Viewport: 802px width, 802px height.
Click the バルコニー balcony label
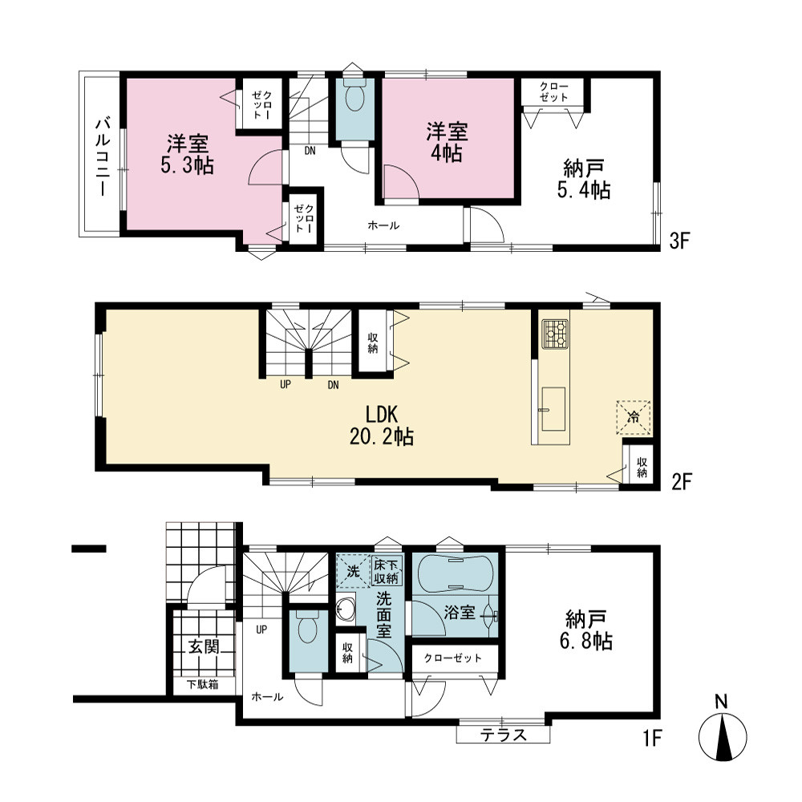pyautogui.click(x=103, y=156)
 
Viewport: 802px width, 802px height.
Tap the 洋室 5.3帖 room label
pyautogui.click(x=187, y=155)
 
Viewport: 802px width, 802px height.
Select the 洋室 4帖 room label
pyautogui.click(x=447, y=142)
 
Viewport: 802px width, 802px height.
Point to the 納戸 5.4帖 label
pyautogui.click(x=584, y=179)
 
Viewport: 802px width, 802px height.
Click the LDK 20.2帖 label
pyautogui.click(x=382, y=425)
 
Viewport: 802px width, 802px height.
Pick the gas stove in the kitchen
pyautogui.click(x=555, y=334)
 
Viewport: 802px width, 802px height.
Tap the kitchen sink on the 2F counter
pyautogui.click(x=553, y=409)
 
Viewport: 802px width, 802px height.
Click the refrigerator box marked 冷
pyautogui.click(x=634, y=417)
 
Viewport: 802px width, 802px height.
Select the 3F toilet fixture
pyautogui.click(x=354, y=94)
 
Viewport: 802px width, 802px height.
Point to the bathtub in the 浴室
pyautogui.click(x=456, y=573)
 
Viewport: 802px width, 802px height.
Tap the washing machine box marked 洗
pyautogui.click(x=353, y=571)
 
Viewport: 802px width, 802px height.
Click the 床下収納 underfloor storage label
pyautogui.click(x=387, y=571)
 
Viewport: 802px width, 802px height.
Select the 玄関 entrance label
pyautogui.click(x=204, y=646)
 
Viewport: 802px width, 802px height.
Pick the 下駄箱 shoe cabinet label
pyautogui.click(x=203, y=684)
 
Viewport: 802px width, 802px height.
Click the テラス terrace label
pyautogui.click(x=504, y=735)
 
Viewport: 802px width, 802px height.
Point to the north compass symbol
pyautogui.click(x=723, y=731)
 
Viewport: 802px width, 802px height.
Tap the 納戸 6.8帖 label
pyautogui.click(x=586, y=630)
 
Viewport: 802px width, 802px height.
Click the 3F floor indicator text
pyautogui.click(x=680, y=241)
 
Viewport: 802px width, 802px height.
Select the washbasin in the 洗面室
pyautogui.click(x=344, y=610)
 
